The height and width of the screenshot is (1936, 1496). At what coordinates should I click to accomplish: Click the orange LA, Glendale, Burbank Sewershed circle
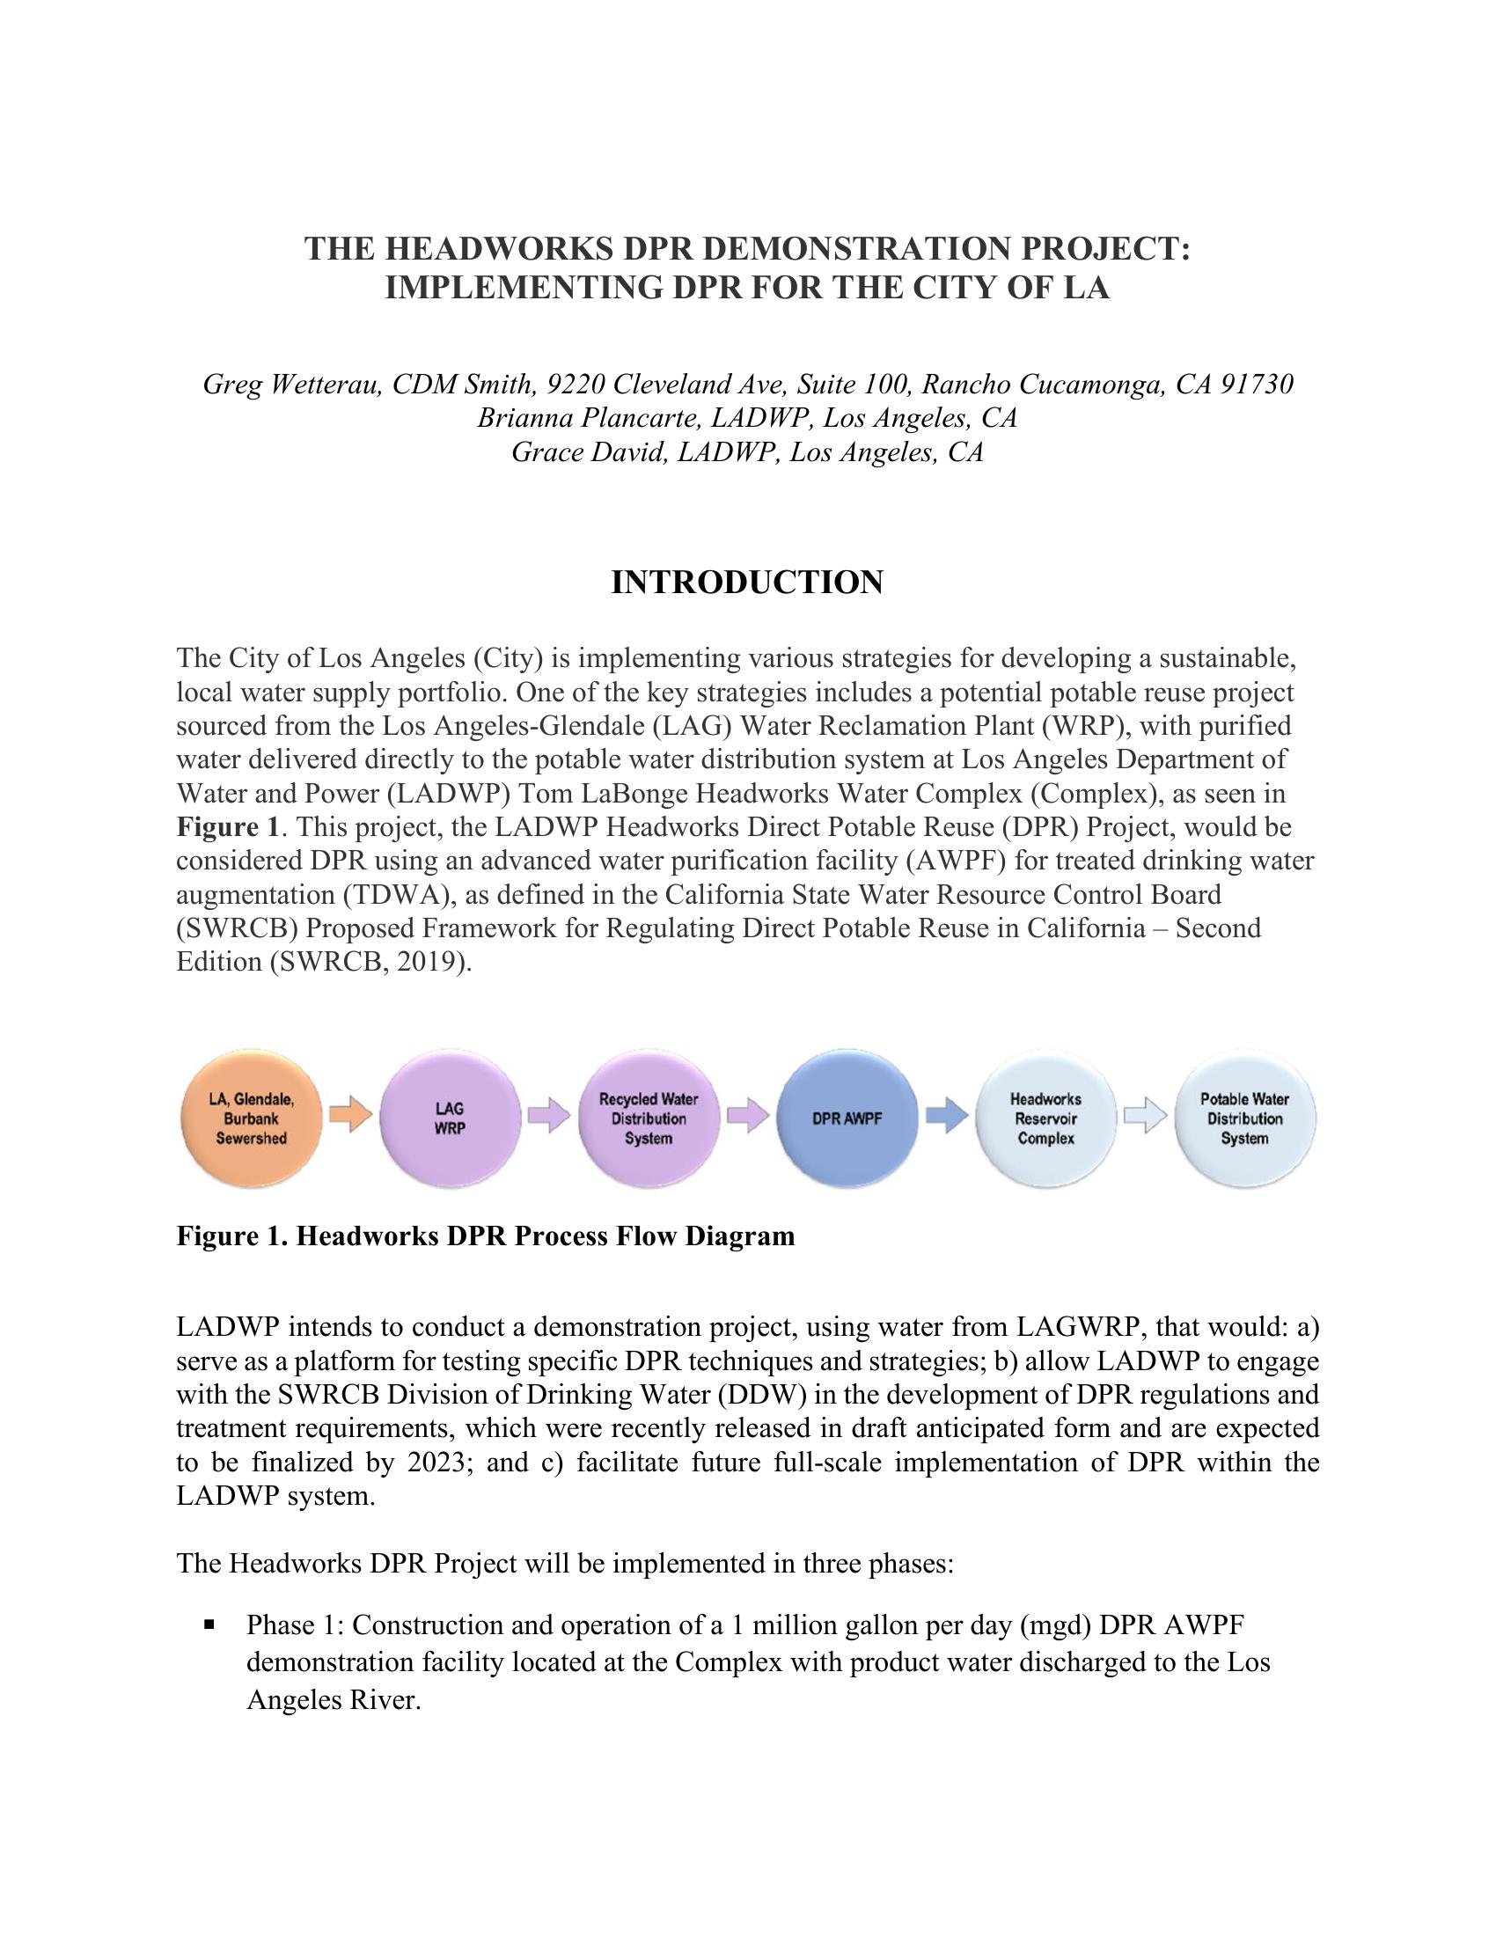pos(251,1118)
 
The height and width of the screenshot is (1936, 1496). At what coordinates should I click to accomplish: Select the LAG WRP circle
pos(450,1118)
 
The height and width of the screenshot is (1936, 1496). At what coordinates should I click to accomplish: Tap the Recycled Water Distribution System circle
pos(648,1118)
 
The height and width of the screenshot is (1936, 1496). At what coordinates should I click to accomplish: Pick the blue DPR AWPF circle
pos(847,1118)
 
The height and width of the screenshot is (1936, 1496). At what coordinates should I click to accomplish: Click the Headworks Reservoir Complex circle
pos(1045,1118)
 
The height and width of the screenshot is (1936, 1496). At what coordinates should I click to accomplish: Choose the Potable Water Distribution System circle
pos(1244,1118)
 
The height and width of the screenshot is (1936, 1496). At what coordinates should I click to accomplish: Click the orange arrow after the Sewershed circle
pos(350,1114)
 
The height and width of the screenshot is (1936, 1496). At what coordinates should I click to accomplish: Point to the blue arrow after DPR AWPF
pos(947,1115)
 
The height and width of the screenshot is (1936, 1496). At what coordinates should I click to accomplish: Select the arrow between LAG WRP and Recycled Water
pos(548,1115)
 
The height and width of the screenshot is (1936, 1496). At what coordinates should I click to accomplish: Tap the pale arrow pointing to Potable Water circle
pos(1145,1115)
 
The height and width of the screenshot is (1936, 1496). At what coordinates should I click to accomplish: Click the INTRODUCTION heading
pos(747,583)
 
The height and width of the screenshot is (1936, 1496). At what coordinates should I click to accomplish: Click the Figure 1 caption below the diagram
pos(485,1235)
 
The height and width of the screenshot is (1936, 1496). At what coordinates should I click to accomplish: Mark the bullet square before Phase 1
pos(209,1624)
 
